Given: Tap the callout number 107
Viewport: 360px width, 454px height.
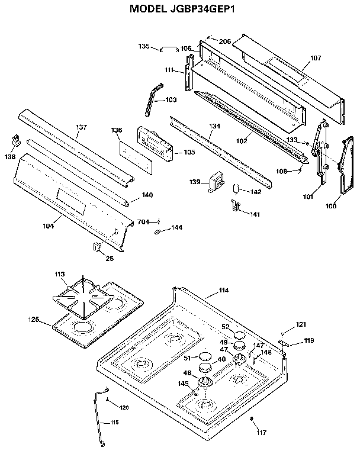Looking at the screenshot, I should [316, 59].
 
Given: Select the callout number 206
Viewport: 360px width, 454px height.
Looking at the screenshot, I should [225, 41].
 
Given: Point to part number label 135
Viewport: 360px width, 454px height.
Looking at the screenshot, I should [144, 46].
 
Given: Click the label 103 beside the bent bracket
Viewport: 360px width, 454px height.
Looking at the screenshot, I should [171, 100].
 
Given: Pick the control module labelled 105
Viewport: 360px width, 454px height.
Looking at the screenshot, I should [153, 143].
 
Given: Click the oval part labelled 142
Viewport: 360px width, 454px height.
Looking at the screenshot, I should [236, 189].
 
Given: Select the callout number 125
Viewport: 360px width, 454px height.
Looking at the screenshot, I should [34, 320].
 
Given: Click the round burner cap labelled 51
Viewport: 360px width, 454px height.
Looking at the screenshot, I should [205, 356].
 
